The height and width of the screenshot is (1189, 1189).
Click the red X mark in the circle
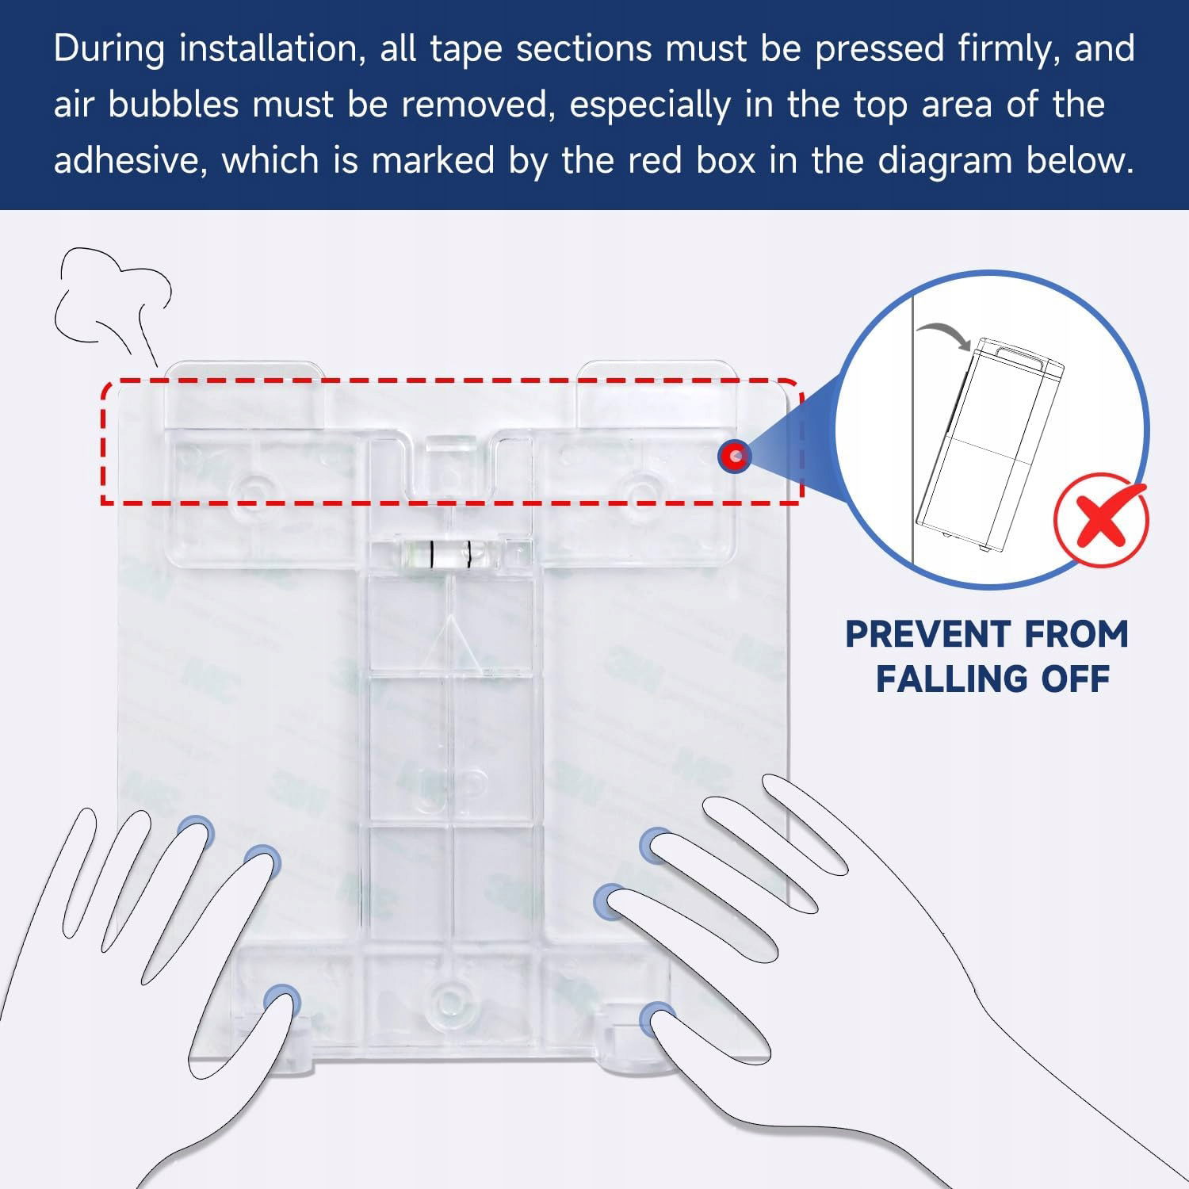click(1102, 519)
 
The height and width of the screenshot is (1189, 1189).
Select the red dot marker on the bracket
click(735, 456)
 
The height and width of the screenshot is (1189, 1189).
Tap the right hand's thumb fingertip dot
click(657, 1019)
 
